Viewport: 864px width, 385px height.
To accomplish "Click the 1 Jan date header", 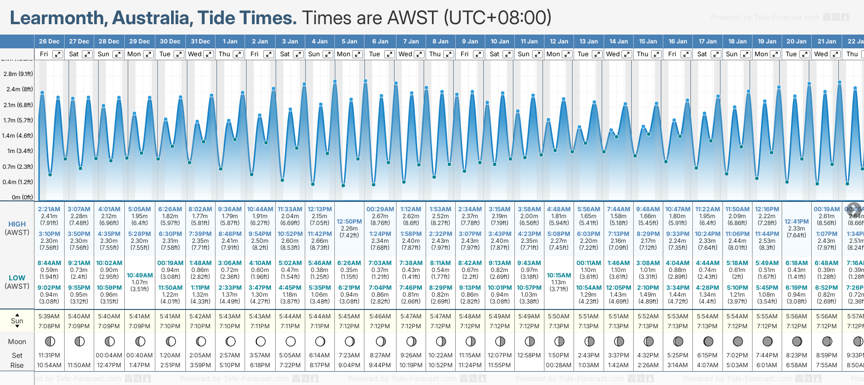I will coord(230,41).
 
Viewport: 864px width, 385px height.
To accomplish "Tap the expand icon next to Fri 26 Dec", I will coord(58,54).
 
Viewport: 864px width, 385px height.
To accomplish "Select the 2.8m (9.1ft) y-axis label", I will coord(18,74).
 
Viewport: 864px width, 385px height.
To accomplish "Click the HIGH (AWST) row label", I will coord(17,228).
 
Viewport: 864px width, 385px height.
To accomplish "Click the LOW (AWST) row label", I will coord(17,282).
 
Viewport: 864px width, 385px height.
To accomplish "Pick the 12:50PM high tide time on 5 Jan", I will coord(350,222).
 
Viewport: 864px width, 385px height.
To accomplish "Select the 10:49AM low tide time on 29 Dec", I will coord(140,275).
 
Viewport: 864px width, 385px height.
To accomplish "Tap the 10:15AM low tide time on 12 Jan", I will coord(559,275).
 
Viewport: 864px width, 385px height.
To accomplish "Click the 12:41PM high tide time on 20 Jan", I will coord(796,222).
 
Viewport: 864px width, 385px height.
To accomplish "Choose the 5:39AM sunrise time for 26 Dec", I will coord(49,316).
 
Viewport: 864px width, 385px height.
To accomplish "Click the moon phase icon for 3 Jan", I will coord(290,341).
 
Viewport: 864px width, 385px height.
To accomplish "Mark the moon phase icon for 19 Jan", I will coord(767,341).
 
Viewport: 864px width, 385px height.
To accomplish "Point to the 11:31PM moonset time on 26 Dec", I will coord(49,355).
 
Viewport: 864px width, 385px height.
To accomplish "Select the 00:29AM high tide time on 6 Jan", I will coord(380,209).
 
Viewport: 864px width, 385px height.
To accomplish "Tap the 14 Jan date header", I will coord(618,41).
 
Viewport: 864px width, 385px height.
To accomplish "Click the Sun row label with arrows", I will coord(17,321).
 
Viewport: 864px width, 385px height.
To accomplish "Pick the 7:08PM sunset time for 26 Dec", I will coord(49,326).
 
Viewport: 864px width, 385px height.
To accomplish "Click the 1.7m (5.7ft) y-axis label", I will coord(18,120).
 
